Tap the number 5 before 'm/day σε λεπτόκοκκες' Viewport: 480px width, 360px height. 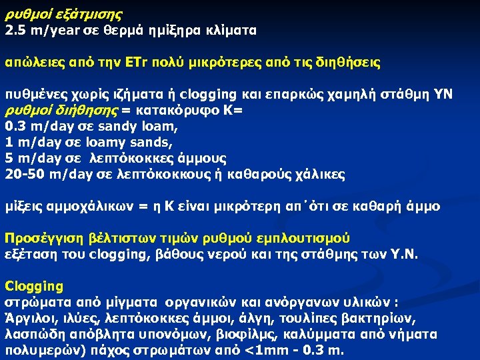(x=9, y=159)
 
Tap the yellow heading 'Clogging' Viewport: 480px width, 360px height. (x=34, y=287)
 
